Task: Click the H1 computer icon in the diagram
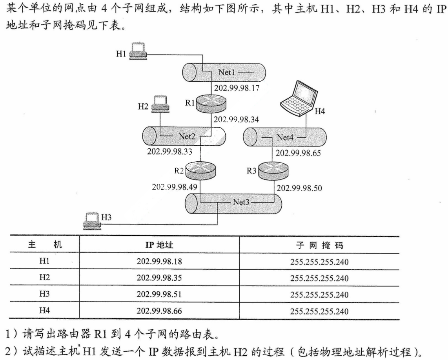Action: [138, 50]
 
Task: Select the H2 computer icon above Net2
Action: [160, 104]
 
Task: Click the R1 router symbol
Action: [212, 103]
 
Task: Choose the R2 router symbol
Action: [201, 171]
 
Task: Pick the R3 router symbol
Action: [273, 171]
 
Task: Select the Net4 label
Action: [285, 137]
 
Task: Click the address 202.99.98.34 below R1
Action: [237, 119]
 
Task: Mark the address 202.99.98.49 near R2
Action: [175, 187]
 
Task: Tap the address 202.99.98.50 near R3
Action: [299, 188]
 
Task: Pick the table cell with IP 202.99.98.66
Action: [159, 311]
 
